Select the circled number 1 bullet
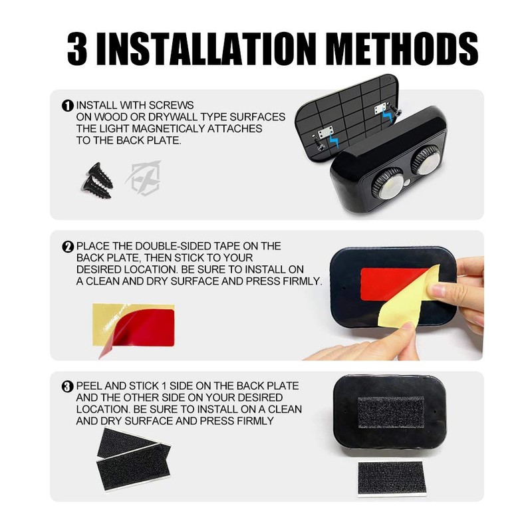68,106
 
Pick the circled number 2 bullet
68,247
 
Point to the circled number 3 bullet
68,386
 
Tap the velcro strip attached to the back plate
391,412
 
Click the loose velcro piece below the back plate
392,477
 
